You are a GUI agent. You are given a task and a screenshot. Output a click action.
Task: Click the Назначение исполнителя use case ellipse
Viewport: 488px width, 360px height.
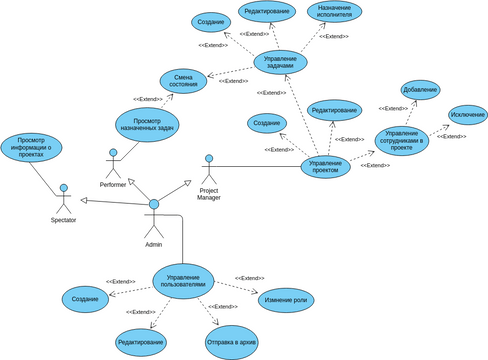pyautogui.click(x=334, y=12)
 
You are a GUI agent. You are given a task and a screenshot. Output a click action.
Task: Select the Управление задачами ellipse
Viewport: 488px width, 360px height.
pyautogui.click(x=279, y=61)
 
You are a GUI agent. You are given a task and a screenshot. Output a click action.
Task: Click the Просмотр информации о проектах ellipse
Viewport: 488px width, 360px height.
pyautogui.click(x=31, y=147)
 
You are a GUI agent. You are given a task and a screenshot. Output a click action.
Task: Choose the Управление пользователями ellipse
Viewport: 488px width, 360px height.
pyautogui.click(x=184, y=281)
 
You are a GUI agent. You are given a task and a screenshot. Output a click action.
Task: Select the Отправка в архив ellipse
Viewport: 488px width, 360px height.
pyautogui.click(x=231, y=341)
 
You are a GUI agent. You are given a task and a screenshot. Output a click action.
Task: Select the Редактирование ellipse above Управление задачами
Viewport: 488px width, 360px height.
pyautogui.click(x=267, y=12)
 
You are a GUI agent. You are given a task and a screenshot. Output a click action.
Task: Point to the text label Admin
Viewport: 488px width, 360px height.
pyautogui.click(x=153, y=244)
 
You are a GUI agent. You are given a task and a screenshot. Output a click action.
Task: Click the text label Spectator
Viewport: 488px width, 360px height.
pyautogui.click(x=64, y=219)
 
